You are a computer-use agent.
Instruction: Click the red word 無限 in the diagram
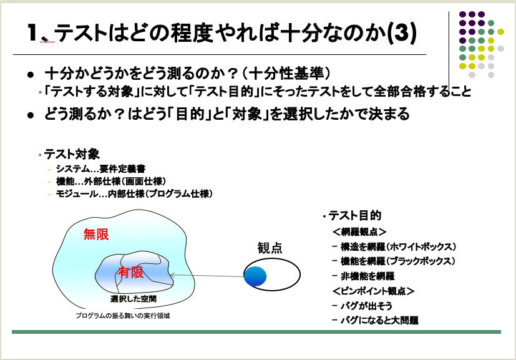pyautogui.click(x=96, y=235)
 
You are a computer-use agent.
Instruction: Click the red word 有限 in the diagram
pyautogui.click(x=131, y=272)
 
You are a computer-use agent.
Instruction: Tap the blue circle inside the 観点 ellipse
pyautogui.click(x=255, y=276)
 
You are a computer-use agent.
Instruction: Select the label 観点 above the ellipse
pyautogui.click(x=270, y=248)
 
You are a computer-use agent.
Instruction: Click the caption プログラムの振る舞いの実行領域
pyautogui.click(x=123, y=316)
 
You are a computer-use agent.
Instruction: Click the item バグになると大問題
pyautogui.click(x=379, y=321)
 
